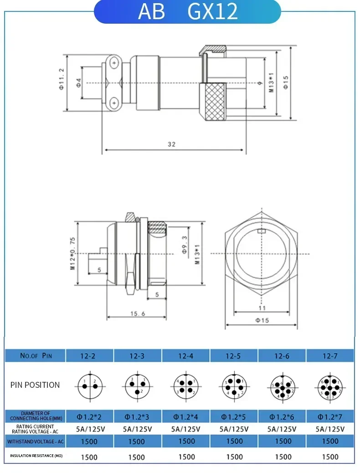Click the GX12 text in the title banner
(213, 12)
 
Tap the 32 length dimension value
(171, 144)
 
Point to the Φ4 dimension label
(78, 83)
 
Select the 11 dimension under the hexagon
(262, 308)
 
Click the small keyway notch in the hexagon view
(261, 231)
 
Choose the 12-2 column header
(90, 355)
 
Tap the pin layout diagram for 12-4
(186, 386)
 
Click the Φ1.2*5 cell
(234, 416)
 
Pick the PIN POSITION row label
(35, 385)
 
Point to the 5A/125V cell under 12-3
(137, 429)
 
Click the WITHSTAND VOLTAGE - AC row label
(35, 441)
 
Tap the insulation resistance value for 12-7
(330, 457)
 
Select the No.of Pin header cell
(35, 355)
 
